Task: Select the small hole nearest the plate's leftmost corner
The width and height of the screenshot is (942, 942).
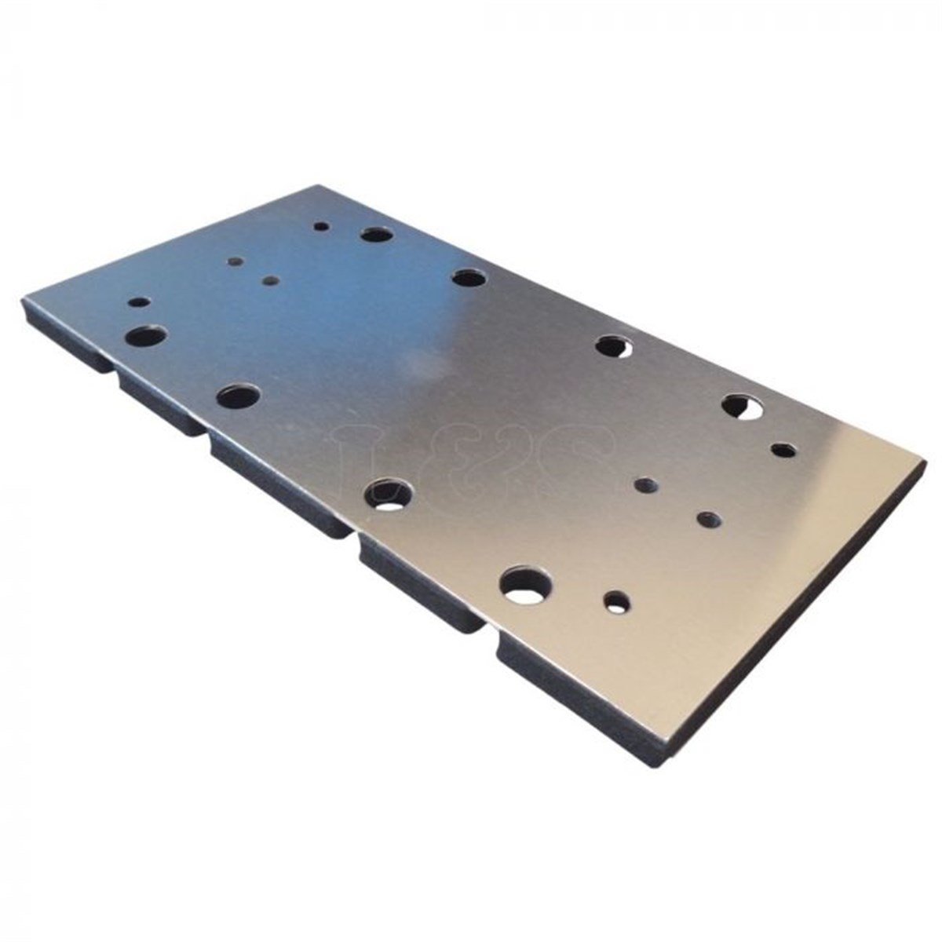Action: [x=139, y=301]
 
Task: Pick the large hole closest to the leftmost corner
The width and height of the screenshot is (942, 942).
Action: [x=146, y=336]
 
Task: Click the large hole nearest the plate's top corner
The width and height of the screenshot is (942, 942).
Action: [x=377, y=234]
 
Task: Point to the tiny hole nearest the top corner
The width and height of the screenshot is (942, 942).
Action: [x=321, y=226]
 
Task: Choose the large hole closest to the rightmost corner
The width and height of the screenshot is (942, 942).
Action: [x=743, y=405]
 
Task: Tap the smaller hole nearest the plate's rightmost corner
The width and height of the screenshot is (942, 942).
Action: [x=783, y=450]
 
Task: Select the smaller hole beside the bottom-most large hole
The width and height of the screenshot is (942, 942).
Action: [x=616, y=602]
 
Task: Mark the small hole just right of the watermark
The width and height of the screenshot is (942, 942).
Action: [x=645, y=485]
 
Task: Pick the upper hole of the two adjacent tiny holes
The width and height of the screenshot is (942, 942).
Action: [x=233, y=262]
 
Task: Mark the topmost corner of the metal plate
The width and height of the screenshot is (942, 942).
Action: [x=318, y=186]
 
